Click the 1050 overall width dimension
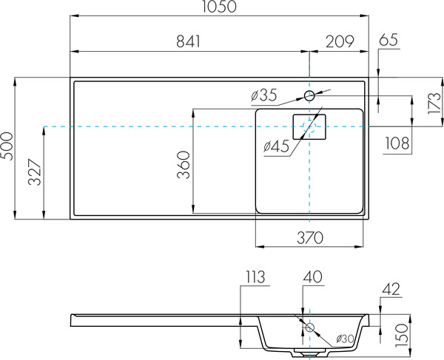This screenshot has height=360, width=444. [x=220, y=7]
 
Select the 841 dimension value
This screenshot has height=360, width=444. [x=188, y=41]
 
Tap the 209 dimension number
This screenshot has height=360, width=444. [x=340, y=41]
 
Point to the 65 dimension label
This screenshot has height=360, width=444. [x=388, y=40]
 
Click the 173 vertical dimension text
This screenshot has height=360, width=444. [x=434, y=103]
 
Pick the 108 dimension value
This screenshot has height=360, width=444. [x=397, y=143]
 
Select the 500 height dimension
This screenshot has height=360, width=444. [x=7, y=146]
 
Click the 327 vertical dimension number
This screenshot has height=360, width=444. [x=35, y=172]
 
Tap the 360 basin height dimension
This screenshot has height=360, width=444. [x=184, y=165]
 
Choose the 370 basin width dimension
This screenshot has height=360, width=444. [x=310, y=238]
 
